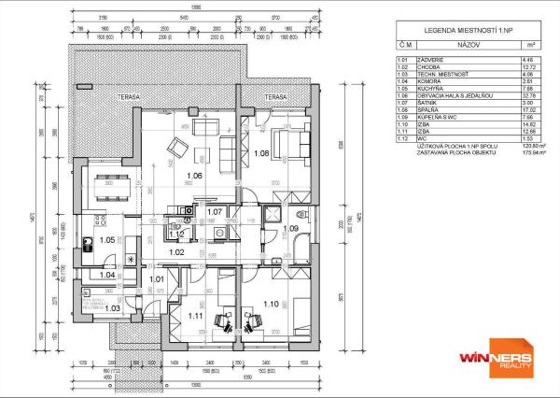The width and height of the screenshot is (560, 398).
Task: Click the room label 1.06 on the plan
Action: pos(195,176)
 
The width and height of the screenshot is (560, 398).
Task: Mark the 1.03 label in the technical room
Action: pos(112,308)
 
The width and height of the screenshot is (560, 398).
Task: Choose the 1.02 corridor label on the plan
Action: pos(175,252)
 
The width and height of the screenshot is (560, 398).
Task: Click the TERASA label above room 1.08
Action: pos(275,97)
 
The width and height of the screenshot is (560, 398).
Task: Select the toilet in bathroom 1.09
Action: pos(272,211)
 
